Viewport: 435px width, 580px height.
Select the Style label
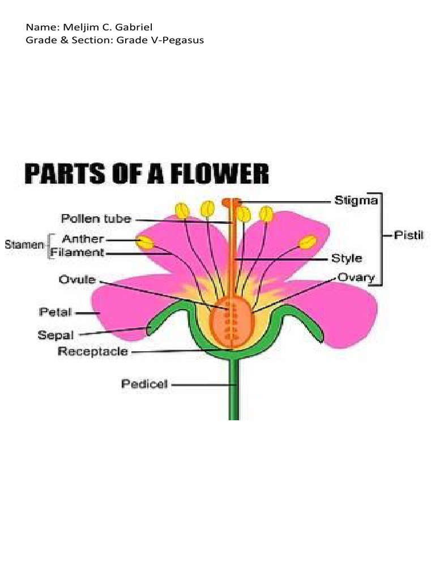click(x=346, y=258)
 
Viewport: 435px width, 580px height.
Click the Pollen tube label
click(x=96, y=219)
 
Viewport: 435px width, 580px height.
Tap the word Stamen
click(x=24, y=245)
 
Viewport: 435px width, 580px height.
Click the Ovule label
click(x=78, y=280)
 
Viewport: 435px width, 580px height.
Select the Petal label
click(x=54, y=312)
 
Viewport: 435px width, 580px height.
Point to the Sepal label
click(x=56, y=334)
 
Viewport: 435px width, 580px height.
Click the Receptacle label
click(x=93, y=352)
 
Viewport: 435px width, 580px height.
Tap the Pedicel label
click(x=144, y=384)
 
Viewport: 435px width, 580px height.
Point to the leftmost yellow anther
click(x=146, y=242)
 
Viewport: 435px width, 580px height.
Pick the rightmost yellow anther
click(x=308, y=242)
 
